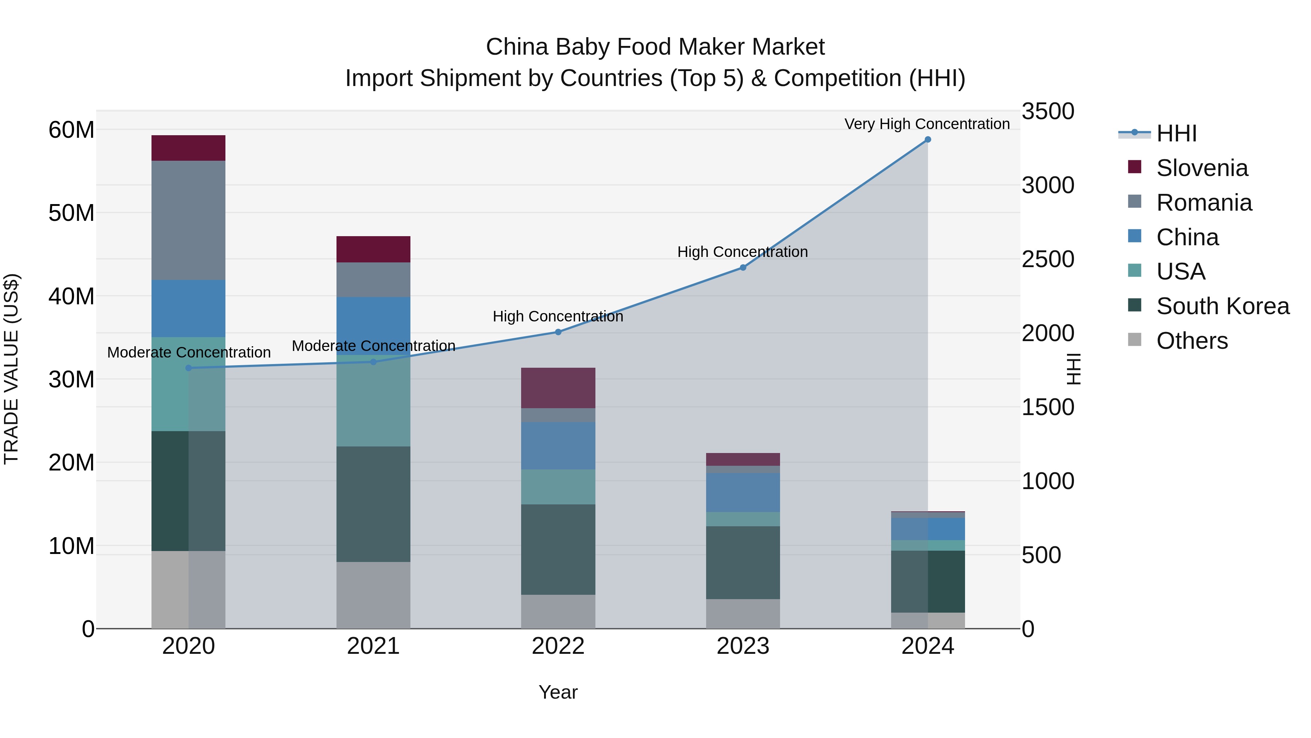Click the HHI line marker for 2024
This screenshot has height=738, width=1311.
(x=927, y=140)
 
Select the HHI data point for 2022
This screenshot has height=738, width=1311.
(x=558, y=332)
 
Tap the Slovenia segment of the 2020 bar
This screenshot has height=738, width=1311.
(x=188, y=148)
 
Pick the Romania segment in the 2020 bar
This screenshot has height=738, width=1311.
(x=188, y=220)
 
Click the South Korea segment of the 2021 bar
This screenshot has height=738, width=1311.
(x=373, y=504)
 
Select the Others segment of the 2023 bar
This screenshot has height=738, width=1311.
(x=743, y=614)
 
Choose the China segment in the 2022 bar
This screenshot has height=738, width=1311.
(x=558, y=446)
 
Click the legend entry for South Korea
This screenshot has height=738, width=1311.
(x=1223, y=306)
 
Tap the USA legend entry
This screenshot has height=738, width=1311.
(x=1180, y=272)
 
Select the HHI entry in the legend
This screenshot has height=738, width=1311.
(x=1176, y=133)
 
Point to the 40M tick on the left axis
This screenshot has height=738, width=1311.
(x=71, y=296)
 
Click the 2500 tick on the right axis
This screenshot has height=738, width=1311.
(x=1048, y=259)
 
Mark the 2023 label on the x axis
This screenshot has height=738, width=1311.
(x=743, y=646)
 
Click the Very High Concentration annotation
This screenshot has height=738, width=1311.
(x=927, y=124)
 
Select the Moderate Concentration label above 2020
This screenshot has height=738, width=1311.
(x=189, y=352)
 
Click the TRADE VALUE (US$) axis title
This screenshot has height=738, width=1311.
(x=12, y=369)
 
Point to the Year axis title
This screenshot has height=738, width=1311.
(x=558, y=692)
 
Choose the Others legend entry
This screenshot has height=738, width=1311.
(x=1192, y=341)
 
